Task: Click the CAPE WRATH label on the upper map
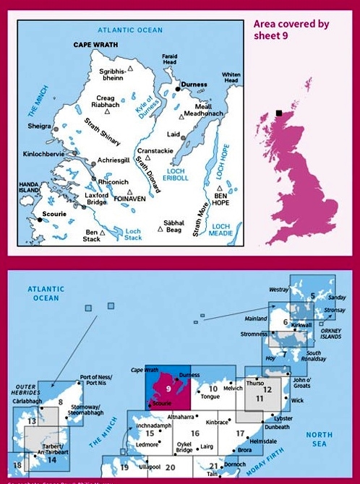coord(96,44)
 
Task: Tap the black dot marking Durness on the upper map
coord(177,89)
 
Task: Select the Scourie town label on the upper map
coord(55,215)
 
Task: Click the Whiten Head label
coord(231,78)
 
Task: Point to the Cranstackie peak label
coord(155,150)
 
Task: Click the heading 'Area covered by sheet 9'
coord(291,30)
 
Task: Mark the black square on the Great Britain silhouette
coord(278,113)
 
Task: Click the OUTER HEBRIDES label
coord(26,391)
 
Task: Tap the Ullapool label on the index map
coord(150,468)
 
